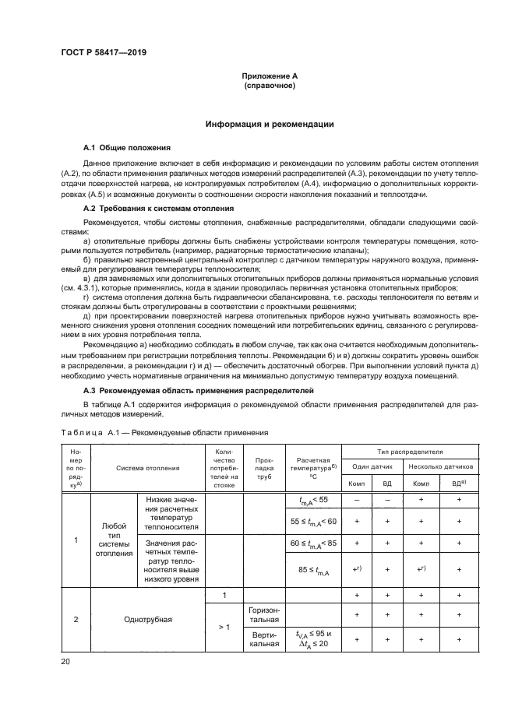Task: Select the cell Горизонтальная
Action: coord(263,614)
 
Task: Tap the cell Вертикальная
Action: coord(263,638)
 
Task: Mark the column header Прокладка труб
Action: coord(263,468)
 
